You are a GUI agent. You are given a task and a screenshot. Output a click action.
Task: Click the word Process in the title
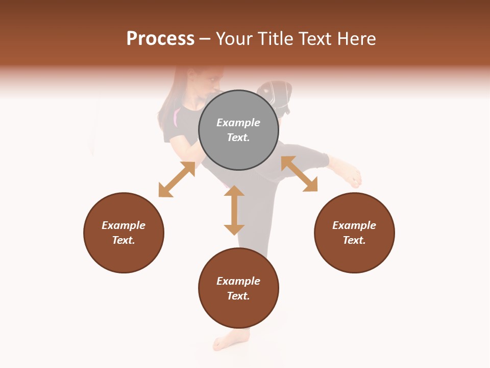(160, 39)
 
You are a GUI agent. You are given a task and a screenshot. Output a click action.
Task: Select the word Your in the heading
(234, 39)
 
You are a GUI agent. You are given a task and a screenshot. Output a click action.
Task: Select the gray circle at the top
(238, 130)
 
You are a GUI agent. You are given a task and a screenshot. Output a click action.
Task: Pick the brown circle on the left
(124, 233)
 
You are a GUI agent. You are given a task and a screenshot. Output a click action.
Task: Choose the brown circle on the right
(354, 233)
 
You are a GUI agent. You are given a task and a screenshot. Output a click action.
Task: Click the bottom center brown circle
(238, 288)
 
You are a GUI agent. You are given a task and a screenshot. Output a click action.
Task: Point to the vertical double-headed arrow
(234, 210)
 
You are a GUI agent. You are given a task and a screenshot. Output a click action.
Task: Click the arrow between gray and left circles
(177, 179)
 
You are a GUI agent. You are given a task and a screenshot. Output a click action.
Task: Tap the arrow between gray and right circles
(299, 174)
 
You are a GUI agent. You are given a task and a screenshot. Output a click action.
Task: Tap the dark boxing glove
(276, 95)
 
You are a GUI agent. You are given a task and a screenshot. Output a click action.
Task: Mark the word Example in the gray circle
(238, 123)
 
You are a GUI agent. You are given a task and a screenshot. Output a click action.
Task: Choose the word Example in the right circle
(354, 225)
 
